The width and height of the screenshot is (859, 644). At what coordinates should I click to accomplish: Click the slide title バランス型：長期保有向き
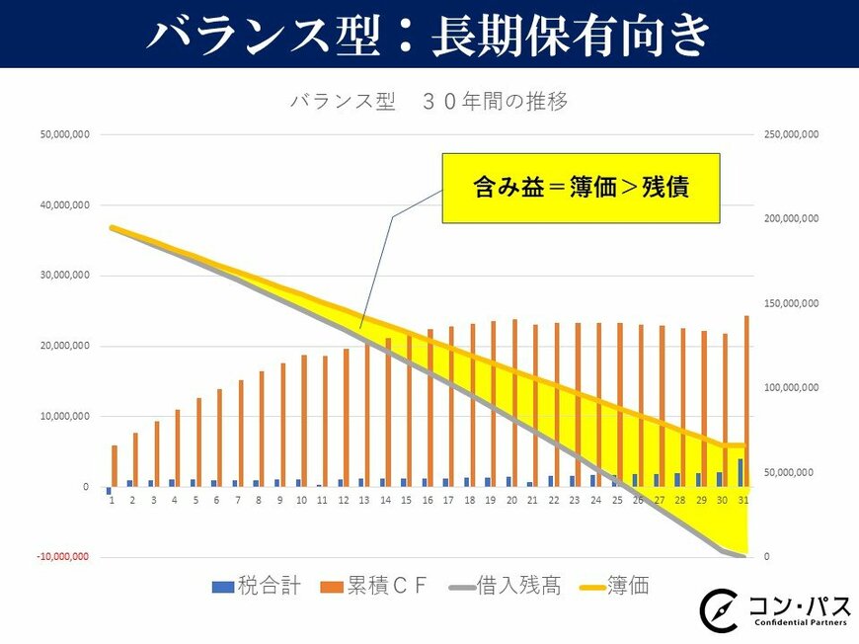[x=429, y=35]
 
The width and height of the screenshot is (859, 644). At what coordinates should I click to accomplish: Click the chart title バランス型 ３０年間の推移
[x=429, y=102]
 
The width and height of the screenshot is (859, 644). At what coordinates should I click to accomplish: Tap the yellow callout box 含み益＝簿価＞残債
[x=581, y=188]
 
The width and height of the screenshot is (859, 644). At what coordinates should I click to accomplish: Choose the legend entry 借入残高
[x=504, y=587]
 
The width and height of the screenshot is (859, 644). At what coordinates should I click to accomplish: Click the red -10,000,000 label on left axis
[x=64, y=557]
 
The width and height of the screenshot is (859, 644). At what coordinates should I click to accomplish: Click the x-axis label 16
[x=428, y=501]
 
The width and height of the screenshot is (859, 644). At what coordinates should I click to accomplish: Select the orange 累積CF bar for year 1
[x=115, y=466]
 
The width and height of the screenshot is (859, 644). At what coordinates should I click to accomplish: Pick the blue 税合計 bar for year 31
[x=741, y=472]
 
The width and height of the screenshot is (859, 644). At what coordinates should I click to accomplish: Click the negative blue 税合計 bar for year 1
[x=109, y=491]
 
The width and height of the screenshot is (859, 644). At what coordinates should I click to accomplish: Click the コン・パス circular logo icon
[x=718, y=609]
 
